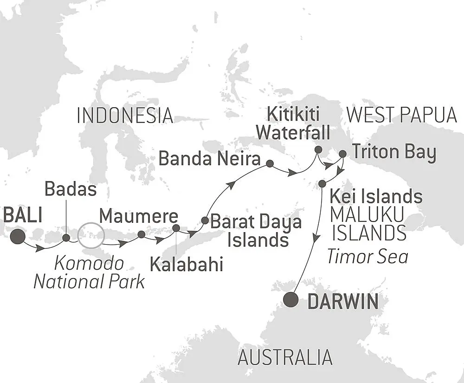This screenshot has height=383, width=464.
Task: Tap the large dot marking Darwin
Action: (291, 300)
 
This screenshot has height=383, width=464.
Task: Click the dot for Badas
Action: (66, 238)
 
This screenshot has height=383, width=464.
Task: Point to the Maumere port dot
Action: (141, 234)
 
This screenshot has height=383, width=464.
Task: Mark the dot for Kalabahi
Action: (176, 228)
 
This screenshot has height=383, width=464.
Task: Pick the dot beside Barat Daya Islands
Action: (205, 220)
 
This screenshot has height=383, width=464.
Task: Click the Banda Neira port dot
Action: (270, 163)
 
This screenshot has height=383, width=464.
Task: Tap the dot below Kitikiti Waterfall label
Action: (318, 149)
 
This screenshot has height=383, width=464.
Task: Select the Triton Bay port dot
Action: (342, 154)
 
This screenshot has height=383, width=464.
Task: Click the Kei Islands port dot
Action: (322, 184)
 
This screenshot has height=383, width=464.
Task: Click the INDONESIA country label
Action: (125, 115)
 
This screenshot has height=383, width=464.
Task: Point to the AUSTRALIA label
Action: (285, 357)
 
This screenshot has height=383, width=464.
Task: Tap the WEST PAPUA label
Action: (402, 115)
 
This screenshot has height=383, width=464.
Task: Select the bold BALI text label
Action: (22, 216)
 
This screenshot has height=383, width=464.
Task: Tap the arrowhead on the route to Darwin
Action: (316, 238)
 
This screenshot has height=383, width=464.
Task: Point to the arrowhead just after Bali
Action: (40, 249)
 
